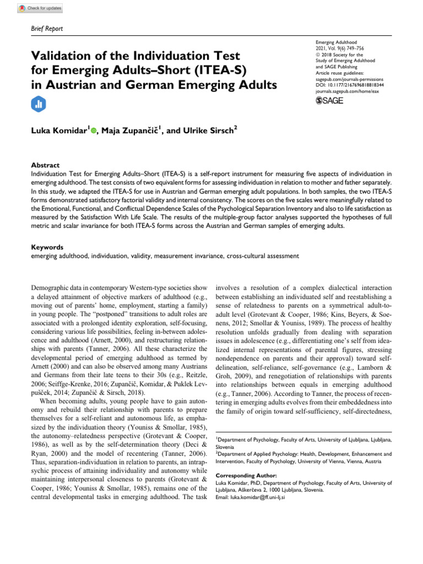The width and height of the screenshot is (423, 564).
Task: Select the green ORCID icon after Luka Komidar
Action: coord(93,131)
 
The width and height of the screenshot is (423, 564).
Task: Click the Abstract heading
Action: coord(46,165)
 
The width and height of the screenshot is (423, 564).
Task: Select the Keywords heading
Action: coord(47,248)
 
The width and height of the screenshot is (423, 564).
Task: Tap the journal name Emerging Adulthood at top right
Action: coord(337,42)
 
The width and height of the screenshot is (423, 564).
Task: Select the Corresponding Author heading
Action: coord(246,475)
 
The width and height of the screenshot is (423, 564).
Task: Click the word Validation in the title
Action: coord(66,56)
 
